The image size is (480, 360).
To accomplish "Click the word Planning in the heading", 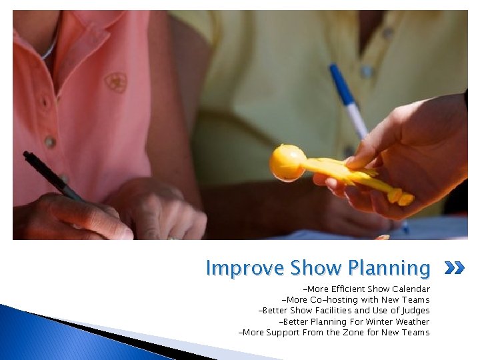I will [388, 268].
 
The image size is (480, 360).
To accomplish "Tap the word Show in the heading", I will [317, 268].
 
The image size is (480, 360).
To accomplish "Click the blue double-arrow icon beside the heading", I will [453, 269].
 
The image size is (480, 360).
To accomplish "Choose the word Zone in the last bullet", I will [354, 332].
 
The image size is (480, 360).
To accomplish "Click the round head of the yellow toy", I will [287, 163].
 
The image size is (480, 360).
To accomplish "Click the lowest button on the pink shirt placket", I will [49, 141].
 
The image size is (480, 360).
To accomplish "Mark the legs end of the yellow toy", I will [400, 196].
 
